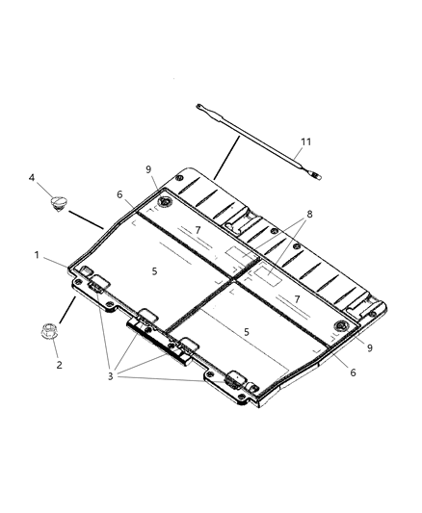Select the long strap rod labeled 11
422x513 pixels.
coord(258,141)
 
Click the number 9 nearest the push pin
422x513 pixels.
coord(149,169)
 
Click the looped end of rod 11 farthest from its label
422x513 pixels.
coord(199,107)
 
